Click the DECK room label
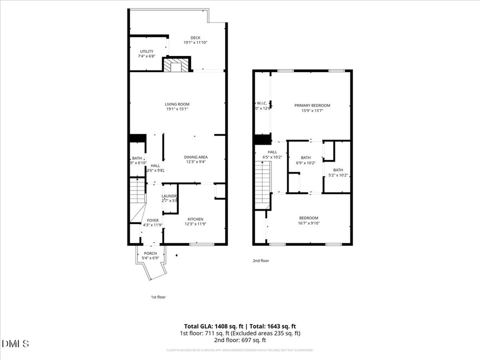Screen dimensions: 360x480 click(x=180, y=37)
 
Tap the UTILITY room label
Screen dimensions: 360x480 click(x=146, y=51)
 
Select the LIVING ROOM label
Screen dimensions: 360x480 click(x=177, y=104)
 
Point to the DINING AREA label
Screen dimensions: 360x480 click(x=196, y=157)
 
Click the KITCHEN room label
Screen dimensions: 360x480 click(x=195, y=219)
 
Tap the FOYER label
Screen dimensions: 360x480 click(x=153, y=220)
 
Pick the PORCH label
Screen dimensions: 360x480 click(x=150, y=253)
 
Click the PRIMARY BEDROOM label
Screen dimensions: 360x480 click(x=312, y=105)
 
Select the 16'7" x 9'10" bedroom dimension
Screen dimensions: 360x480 click(x=308, y=223)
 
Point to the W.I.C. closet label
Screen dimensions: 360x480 click(x=261, y=103)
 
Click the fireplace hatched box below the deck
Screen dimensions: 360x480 click(x=177, y=66)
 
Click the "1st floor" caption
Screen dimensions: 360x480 click(x=158, y=297)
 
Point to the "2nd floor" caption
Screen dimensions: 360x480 click(x=261, y=261)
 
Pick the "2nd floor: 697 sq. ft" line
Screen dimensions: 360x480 click(x=240, y=340)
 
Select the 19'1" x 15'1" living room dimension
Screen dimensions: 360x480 click(x=177, y=109)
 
